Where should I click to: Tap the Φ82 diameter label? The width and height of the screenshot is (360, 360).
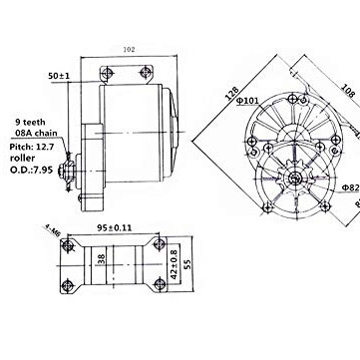pos(349,185)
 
